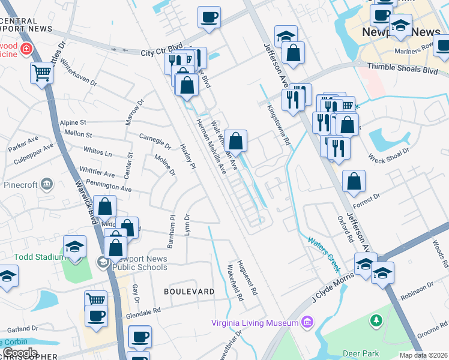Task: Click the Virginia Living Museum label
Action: click(x=255, y=323)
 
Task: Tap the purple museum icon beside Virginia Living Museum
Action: click(x=308, y=322)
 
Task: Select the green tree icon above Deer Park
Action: click(x=376, y=322)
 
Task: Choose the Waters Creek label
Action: click(x=324, y=247)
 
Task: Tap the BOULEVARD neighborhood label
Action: click(x=189, y=292)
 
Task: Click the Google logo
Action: click(x=20, y=353)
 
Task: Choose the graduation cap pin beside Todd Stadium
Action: click(x=75, y=247)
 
